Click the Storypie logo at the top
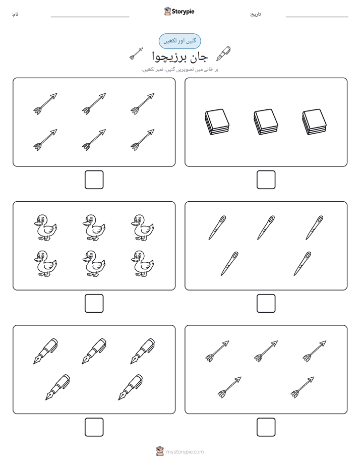[179, 11]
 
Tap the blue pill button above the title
[179, 41]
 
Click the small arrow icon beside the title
[136, 54]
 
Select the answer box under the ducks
[94, 304]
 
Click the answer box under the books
[266, 180]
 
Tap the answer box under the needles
[266, 304]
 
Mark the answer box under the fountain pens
[94, 427]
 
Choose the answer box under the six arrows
[94, 180]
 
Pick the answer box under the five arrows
[266, 427]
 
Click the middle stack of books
[266, 122]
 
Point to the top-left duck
[45, 227]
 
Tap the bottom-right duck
[143, 264]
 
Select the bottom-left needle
[229, 264]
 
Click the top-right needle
[315, 227]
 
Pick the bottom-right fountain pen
[131, 387]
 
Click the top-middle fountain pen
[94, 351]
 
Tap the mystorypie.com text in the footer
[185, 452]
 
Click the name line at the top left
[90, 17]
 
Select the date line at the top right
[317, 17]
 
